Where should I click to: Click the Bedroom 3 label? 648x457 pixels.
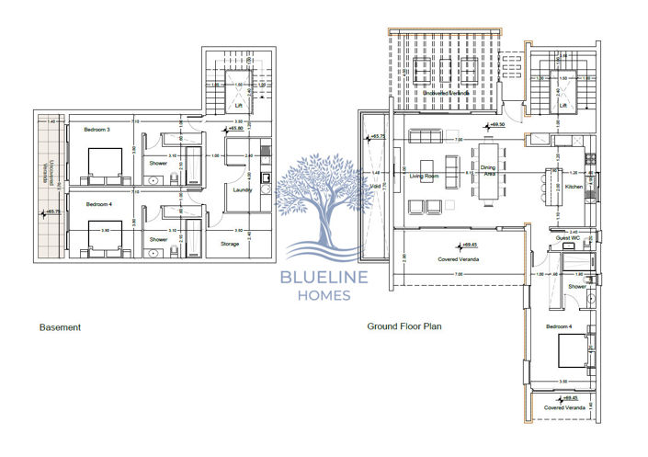pyautogui.click(x=96, y=130)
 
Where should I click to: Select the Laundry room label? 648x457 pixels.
pyautogui.click(x=243, y=190)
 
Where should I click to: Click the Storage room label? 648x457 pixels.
pyautogui.click(x=230, y=244)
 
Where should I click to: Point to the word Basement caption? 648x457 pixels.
pyautogui.click(x=60, y=326)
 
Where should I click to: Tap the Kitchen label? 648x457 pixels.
pyautogui.click(x=573, y=187)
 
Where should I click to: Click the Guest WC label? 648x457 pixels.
pyautogui.click(x=566, y=239)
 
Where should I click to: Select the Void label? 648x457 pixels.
pyautogui.click(x=376, y=185)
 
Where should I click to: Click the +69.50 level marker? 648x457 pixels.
pyautogui.click(x=498, y=124)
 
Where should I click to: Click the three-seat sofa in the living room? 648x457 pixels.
pyautogui.click(x=426, y=137)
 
